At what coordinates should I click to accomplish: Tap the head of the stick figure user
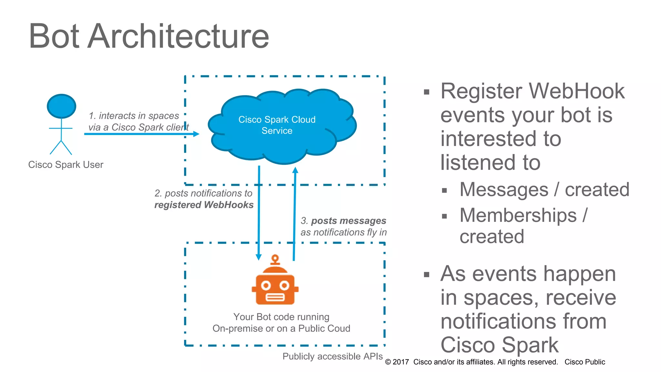pyautogui.click(x=61, y=106)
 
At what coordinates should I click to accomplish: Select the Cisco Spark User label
pyautogui.click(x=66, y=165)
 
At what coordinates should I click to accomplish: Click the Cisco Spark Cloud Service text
pyautogui.click(x=277, y=125)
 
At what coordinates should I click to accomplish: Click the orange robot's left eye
pyautogui.click(x=266, y=285)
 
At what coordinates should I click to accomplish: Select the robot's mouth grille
pyautogui.click(x=275, y=297)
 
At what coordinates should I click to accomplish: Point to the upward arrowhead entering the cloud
pyautogui.click(x=295, y=170)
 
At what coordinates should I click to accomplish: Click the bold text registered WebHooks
pyautogui.click(x=204, y=205)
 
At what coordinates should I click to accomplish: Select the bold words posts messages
pyautogui.click(x=349, y=221)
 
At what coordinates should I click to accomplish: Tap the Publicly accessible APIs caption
pyautogui.click(x=332, y=356)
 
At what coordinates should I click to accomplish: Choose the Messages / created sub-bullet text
pyautogui.click(x=544, y=190)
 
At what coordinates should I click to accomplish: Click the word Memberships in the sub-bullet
pyautogui.click(x=518, y=215)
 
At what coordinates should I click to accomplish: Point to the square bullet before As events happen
pyautogui.click(x=427, y=275)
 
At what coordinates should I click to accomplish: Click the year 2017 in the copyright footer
pyautogui.click(x=401, y=362)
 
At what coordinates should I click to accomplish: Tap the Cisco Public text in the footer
pyautogui.click(x=585, y=362)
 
